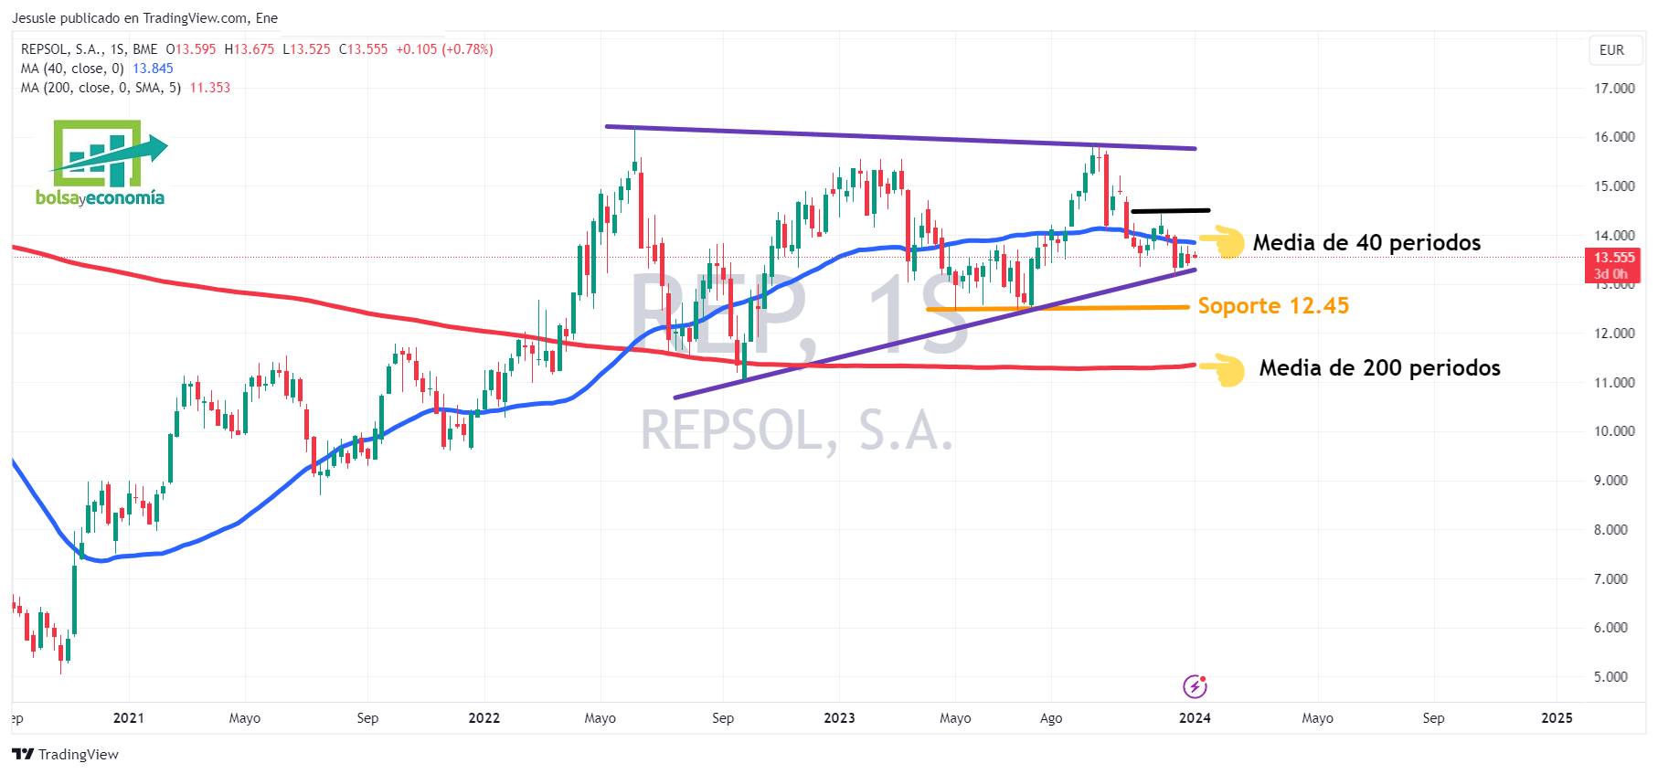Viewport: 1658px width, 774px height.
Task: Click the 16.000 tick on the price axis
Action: click(1614, 137)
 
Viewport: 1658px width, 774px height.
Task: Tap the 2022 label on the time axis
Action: click(484, 718)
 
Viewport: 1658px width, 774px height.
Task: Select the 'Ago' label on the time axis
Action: click(1051, 718)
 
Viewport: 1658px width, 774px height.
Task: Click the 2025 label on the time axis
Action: click(1557, 718)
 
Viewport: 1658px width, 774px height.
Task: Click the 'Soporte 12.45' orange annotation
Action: click(1273, 306)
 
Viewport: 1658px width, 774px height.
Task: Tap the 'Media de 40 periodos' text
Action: click(1366, 243)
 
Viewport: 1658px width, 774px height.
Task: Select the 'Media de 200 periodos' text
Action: click(1379, 368)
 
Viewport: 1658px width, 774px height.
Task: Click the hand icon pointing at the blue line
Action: click(1223, 242)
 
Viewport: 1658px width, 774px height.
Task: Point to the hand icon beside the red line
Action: click(1223, 368)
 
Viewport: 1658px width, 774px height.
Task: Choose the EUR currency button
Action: click(1611, 50)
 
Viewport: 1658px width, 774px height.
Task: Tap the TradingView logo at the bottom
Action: click(66, 754)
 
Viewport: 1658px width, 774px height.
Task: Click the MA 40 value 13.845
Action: click(153, 69)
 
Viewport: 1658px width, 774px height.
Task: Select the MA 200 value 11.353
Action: click(210, 88)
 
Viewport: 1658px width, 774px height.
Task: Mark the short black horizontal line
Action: click(1170, 211)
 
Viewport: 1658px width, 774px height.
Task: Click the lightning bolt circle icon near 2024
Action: click(1195, 686)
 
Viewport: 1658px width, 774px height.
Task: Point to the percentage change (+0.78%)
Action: click(467, 49)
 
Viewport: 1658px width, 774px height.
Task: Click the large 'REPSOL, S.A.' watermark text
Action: click(796, 431)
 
